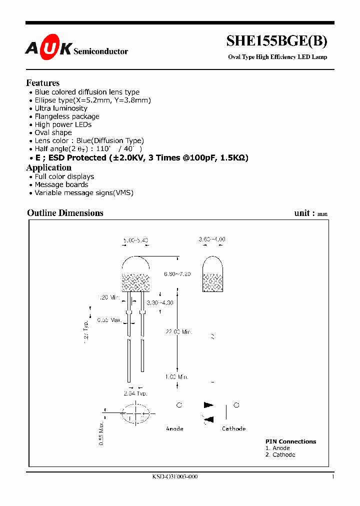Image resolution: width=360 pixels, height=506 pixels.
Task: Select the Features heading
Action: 43,83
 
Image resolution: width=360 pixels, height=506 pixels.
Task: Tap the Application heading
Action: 49,167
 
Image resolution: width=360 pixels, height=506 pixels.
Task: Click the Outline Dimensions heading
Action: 65,213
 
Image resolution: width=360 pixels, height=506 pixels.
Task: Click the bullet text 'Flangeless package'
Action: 67,116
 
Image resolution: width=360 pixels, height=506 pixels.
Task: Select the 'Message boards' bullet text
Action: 61,184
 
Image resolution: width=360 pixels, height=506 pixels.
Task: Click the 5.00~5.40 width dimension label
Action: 135,241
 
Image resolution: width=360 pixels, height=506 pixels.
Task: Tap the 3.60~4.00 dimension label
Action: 212,239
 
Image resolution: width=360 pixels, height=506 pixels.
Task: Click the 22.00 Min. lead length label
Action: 179,332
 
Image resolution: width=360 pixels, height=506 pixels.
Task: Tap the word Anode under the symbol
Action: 174,428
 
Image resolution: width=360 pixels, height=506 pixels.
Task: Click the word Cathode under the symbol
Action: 234,428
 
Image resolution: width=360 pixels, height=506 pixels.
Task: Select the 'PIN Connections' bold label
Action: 290,441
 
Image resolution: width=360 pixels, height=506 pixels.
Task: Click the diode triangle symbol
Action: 208,405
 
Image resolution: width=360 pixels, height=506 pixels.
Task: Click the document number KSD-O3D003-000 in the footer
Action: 175,477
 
